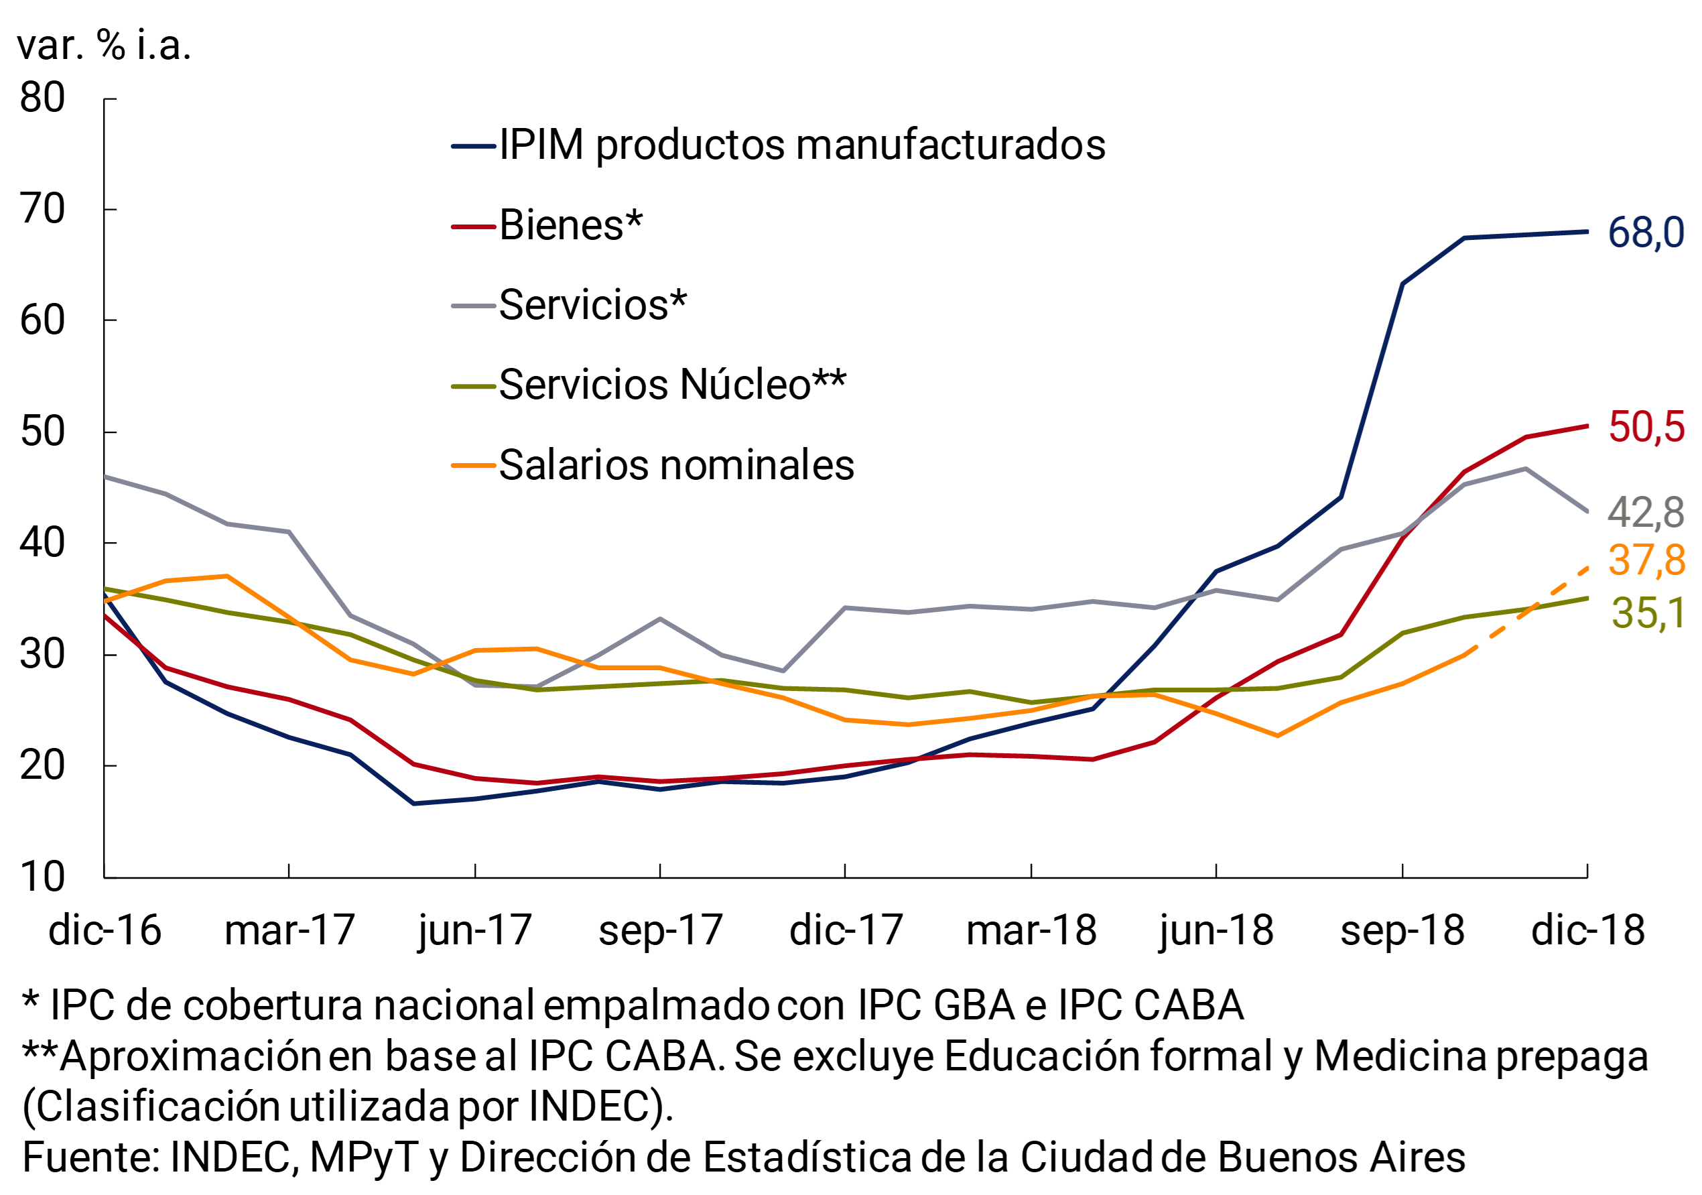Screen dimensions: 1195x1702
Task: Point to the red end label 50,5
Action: point(1646,428)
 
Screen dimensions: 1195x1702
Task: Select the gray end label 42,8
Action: point(1646,513)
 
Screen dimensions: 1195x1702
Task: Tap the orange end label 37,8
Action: point(1646,560)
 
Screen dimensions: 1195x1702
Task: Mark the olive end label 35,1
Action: point(1647,614)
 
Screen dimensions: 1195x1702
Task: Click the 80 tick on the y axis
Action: point(42,98)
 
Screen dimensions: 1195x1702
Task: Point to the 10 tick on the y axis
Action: point(42,878)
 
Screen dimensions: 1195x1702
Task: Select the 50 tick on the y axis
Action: point(42,432)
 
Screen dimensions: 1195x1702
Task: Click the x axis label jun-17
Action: point(474,931)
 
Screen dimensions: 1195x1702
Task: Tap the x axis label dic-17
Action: point(846,931)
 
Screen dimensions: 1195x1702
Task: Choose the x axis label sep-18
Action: point(1402,931)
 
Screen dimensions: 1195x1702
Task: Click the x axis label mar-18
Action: point(1031,931)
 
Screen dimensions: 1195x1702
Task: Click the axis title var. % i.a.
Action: point(104,46)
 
